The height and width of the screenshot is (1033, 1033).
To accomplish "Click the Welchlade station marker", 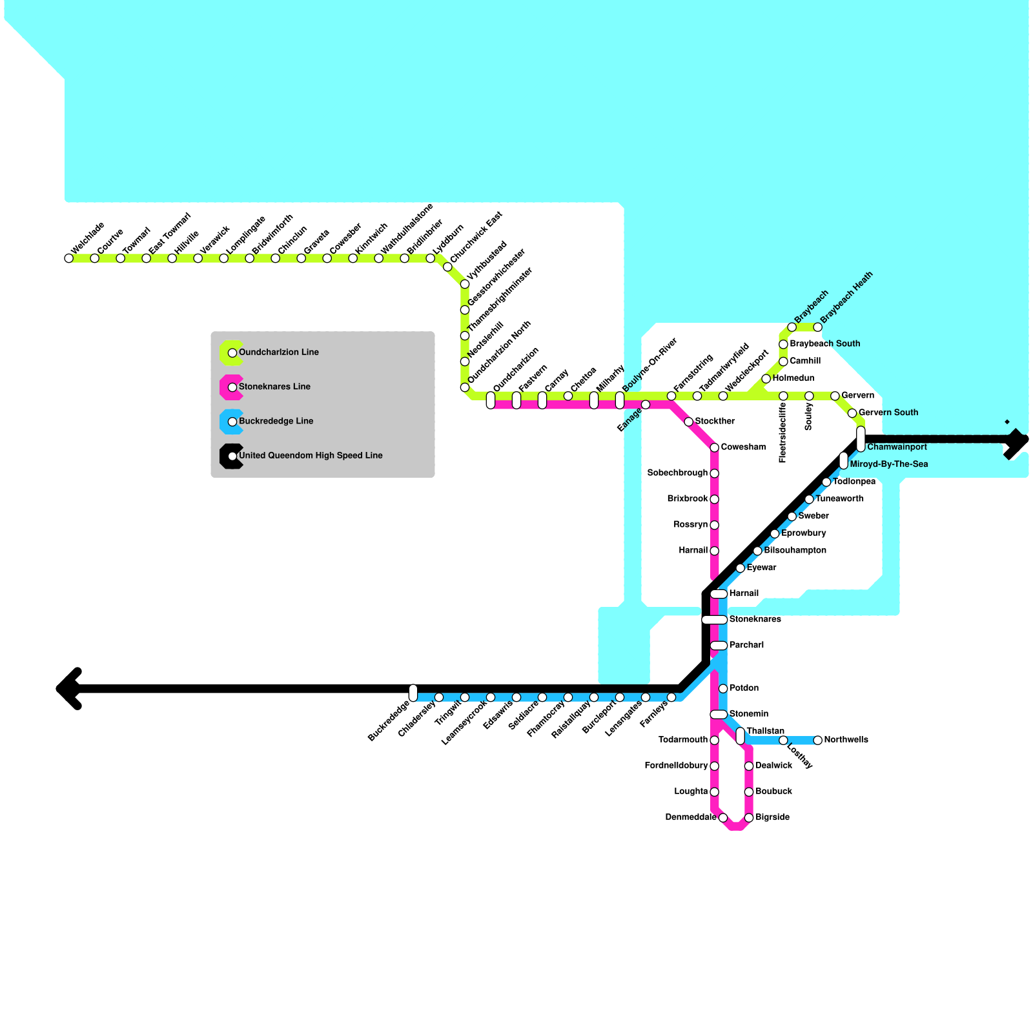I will pyautogui.click(x=69, y=258).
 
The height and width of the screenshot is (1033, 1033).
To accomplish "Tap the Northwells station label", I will pyautogui.click(x=846, y=740).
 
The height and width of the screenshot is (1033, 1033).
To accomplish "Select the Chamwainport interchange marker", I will pyautogui.click(x=861, y=439).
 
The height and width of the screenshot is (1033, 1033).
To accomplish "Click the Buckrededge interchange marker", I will pyautogui.click(x=413, y=693).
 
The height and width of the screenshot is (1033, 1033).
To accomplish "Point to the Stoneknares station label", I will pyautogui.click(x=755, y=620).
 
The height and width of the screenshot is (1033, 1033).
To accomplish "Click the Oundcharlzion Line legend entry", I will pyautogui.click(x=278, y=353).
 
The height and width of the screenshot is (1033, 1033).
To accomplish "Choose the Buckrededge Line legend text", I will pyautogui.click(x=276, y=421).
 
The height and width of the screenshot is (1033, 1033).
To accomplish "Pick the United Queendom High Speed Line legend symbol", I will pyautogui.click(x=232, y=456).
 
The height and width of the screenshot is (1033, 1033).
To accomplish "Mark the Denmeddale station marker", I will pyautogui.click(x=723, y=817).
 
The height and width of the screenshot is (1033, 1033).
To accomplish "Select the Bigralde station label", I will pyautogui.click(x=772, y=817).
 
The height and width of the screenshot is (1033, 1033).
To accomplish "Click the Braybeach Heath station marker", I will pyautogui.click(x=817, y=327).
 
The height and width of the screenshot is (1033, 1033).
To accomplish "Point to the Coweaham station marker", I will pyautogui.click(x=714, y=447).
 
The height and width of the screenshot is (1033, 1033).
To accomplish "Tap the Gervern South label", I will pyautogui.click(x=888, y=413).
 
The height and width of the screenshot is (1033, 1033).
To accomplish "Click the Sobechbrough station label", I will pyautogui.click(x=677, y=473).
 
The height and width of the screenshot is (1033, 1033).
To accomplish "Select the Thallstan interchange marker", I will pyautogui.click(x=740, y=736).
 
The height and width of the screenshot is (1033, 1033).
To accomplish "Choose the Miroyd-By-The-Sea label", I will pyautogui.click(x=888, y=464).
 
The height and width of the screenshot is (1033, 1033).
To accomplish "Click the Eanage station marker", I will pyautogui.click(x=645, y=405).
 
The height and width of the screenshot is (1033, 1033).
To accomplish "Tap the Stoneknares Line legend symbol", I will pyautogui.click(x=232, y=387).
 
